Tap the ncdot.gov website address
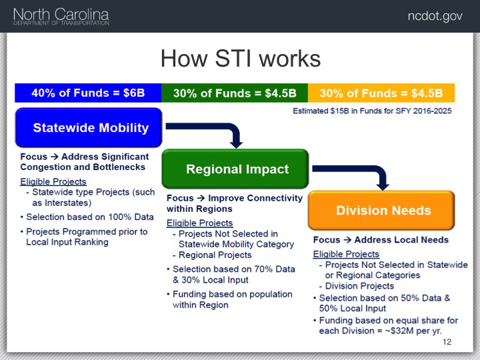(435, 16)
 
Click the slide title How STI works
(241, 58)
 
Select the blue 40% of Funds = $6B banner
(88, 93)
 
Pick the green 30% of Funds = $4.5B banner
(235, 93)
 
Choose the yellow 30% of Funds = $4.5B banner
(381, 93)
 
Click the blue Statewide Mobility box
(89, 127)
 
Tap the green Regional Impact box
(235, 169)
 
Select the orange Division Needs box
(381, 210)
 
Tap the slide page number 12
(447, 342)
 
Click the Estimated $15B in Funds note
(372, 111)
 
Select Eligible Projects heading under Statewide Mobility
(53, 181)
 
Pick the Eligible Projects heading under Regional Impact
(199, 223)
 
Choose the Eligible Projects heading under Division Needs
(346, 254)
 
